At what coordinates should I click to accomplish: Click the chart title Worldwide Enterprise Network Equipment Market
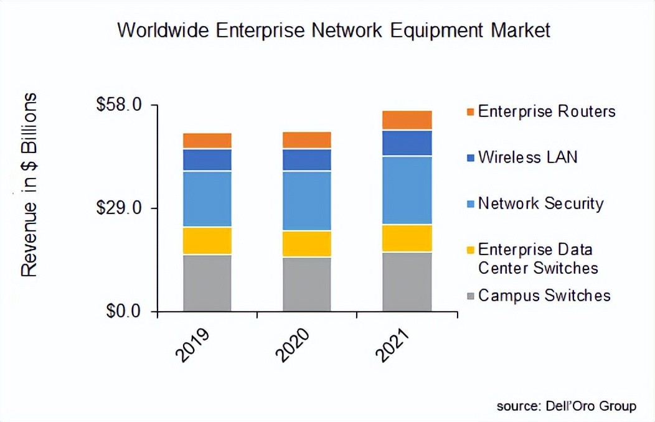coord(334,30)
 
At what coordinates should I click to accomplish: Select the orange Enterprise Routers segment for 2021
coord(407,120)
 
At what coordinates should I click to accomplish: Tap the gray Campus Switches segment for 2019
coord(207,283)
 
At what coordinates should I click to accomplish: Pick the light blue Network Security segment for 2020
coord(307,200)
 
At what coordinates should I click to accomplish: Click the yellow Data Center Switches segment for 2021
coord(407,238)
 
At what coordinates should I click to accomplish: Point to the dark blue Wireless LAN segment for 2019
coord(207,159)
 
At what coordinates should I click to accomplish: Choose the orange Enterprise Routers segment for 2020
coord(307,140)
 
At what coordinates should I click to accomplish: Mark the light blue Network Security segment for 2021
coord(407,190)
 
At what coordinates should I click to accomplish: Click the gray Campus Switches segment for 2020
coord(307,284)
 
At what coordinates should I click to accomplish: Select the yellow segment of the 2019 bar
coord(207,241)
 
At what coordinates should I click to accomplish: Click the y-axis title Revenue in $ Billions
coord(29,185)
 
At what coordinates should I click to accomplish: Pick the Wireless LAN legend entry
coord(527,156)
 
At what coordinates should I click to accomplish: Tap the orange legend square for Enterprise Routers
coord(470,112)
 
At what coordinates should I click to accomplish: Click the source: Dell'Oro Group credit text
coord(566,406)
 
